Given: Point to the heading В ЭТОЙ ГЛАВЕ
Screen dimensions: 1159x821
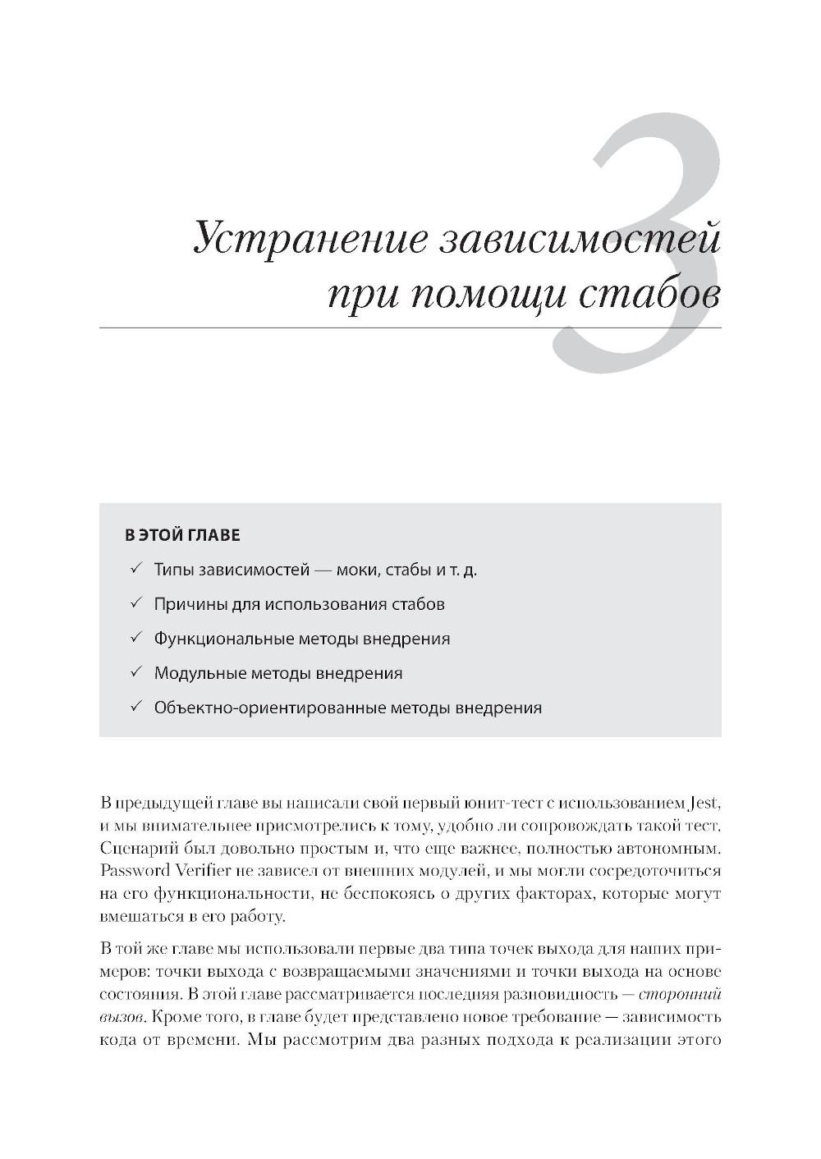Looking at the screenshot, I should [182, 536].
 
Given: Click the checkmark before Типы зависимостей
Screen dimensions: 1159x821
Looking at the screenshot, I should [136, 569].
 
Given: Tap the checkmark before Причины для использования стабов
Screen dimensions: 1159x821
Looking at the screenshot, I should [136, 603].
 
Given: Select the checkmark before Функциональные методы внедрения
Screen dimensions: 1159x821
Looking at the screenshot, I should [136, 638].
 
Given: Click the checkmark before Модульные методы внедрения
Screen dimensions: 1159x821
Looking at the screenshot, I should [136, 672].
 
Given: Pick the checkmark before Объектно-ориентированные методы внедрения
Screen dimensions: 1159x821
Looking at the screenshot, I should [136, 707].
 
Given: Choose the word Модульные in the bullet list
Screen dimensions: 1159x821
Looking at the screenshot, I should [200, 673].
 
